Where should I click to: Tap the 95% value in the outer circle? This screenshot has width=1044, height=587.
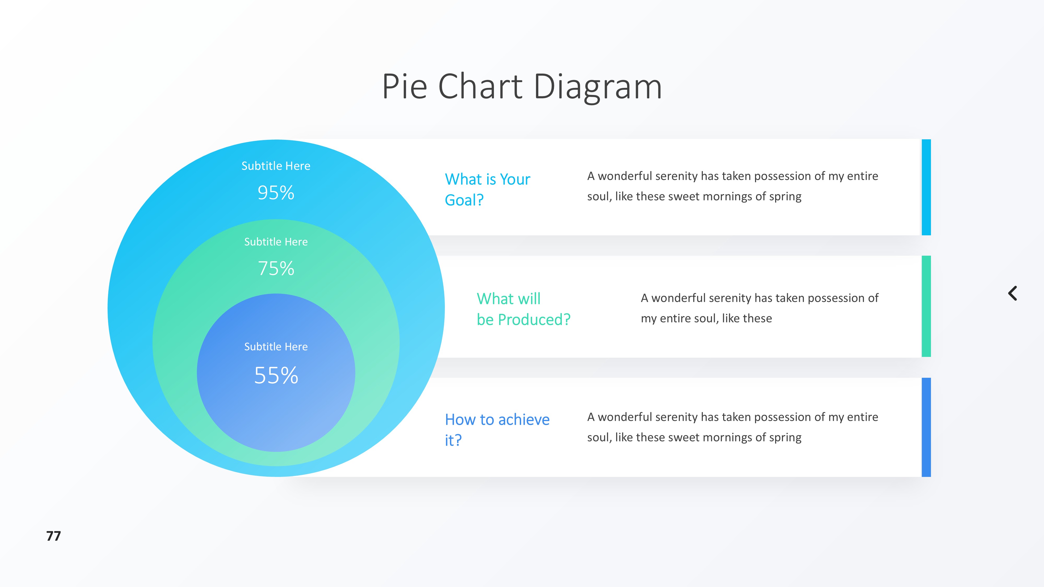pos(276,193)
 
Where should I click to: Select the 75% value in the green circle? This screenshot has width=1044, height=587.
pos(276,268)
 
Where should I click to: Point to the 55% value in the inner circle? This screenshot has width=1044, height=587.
pos(276,375)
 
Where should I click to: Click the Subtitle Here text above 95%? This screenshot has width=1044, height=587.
pos(276,166)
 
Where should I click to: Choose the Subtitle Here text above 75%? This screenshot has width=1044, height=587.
pos(276,242)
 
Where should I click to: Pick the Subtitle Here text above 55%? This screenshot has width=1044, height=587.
pos(276,347)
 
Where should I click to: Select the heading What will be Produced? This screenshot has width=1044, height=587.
pos(523,309)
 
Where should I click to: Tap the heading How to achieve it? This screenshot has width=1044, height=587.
pos(497,429)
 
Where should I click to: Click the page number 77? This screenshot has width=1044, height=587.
pos(54,536)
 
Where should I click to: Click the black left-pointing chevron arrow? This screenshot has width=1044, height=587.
pos(1012,293)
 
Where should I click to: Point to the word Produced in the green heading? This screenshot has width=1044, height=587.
pos(534,320)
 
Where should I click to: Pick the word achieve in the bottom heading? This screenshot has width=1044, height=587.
pos(524,420)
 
